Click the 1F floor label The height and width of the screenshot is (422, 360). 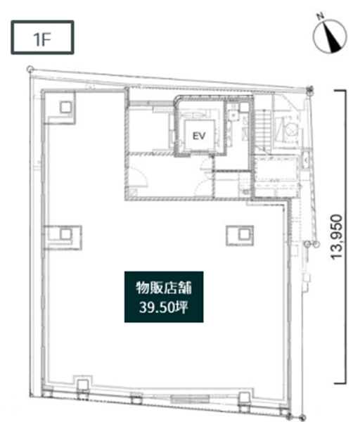pos(42,39)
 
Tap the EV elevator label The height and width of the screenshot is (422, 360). pos(199,136)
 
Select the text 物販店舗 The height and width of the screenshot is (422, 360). pos(164,288)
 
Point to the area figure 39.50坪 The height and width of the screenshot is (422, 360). pos(164,307)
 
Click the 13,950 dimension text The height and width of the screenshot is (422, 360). pos(337,237)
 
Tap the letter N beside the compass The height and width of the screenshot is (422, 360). pos(320,17)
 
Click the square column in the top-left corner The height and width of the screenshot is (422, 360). pos(65,107)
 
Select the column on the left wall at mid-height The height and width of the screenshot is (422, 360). pos(65,234)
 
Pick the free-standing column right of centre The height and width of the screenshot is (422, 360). pos(244,234)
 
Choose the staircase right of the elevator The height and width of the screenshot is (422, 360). pos(262,130)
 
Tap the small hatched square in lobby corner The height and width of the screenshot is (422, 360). pos(133,193)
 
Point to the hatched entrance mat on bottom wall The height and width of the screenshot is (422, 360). pos(190,399)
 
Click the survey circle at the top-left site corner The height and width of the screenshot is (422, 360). pos(30,70)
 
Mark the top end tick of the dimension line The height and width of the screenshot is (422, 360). pos(340,91)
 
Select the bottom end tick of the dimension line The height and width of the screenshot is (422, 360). pos(340,383)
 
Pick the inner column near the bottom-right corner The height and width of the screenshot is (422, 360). pos(245,397)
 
